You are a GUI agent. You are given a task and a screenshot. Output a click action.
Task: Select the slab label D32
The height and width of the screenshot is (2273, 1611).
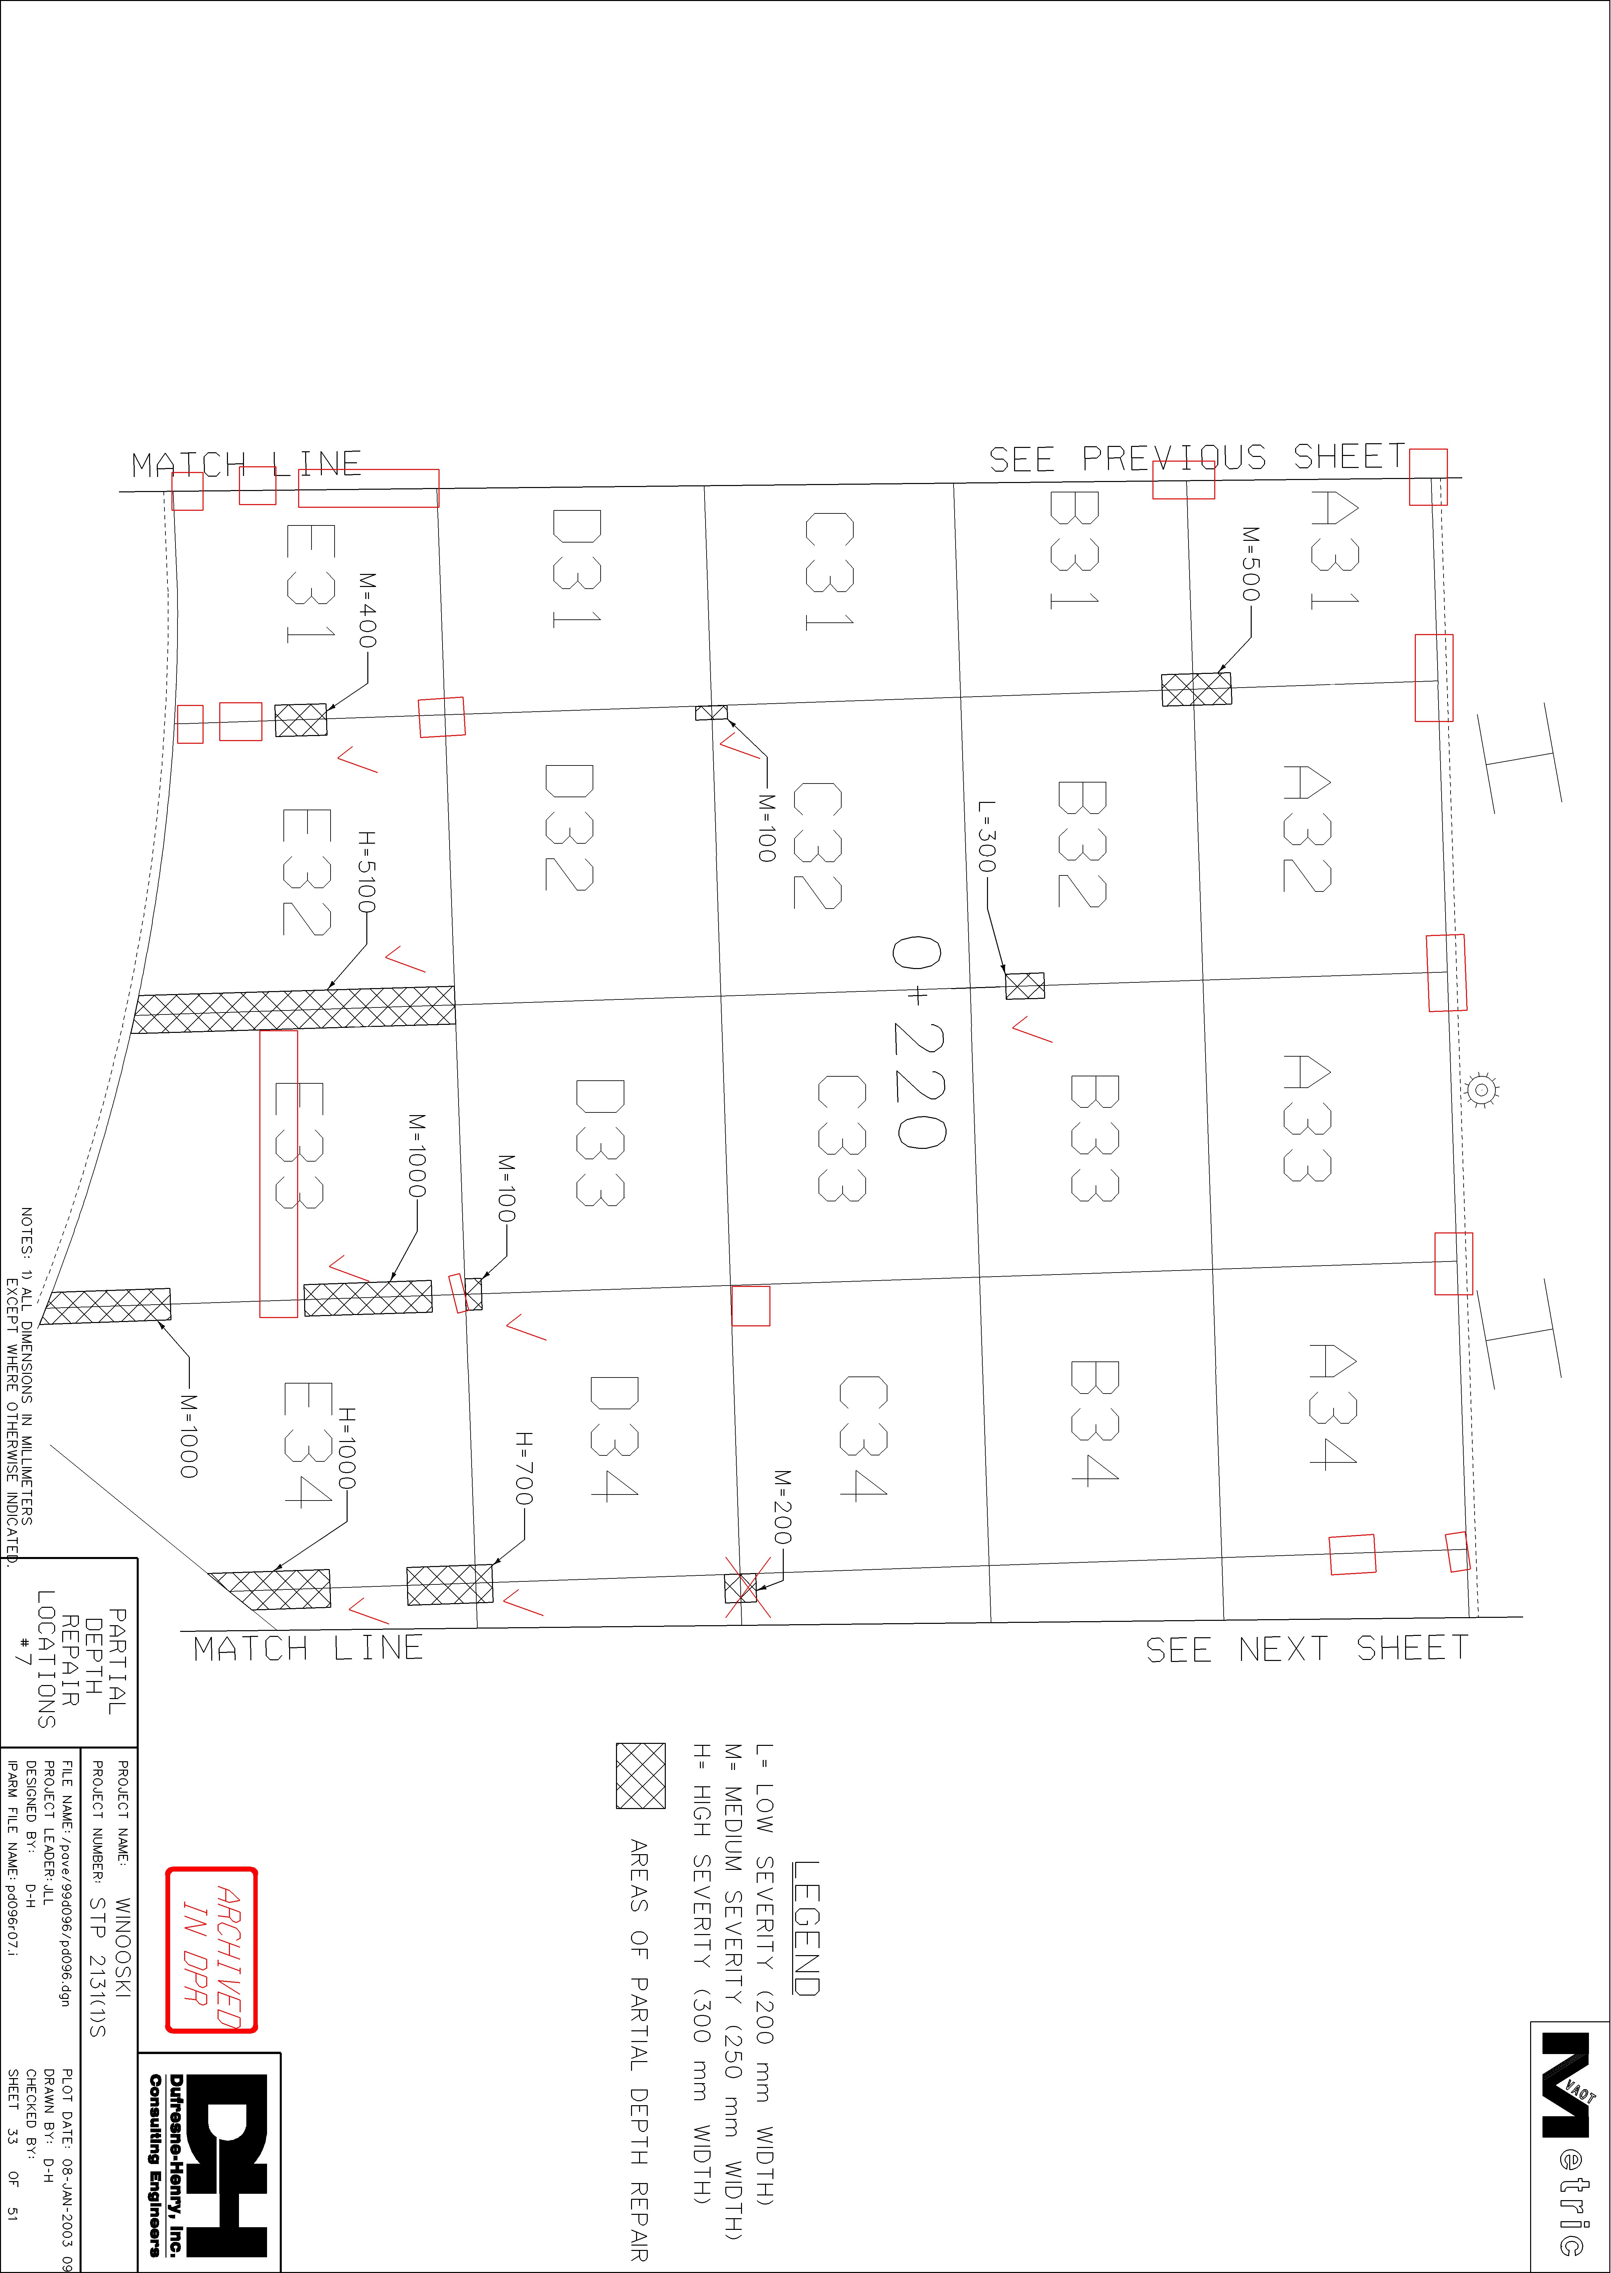[x=570, y=827]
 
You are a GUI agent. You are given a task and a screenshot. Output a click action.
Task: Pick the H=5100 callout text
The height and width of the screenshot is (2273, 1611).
[x=366, y=873]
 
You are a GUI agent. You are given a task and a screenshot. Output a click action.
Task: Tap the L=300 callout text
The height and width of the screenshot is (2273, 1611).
[x=986, y=837]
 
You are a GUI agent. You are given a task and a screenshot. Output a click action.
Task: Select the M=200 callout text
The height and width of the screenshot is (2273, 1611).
[x=783, y=1507]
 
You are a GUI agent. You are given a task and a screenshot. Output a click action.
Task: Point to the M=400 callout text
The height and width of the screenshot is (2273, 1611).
[x=367, y=610]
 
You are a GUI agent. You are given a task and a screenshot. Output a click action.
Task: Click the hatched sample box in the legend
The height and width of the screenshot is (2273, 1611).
[x=641, y=1776]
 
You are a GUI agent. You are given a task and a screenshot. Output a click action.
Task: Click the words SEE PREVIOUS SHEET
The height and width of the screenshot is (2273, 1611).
[x=1197, y=458]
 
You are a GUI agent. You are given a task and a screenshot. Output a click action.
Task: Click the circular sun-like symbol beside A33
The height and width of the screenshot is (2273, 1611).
[x=1481, y=1089]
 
